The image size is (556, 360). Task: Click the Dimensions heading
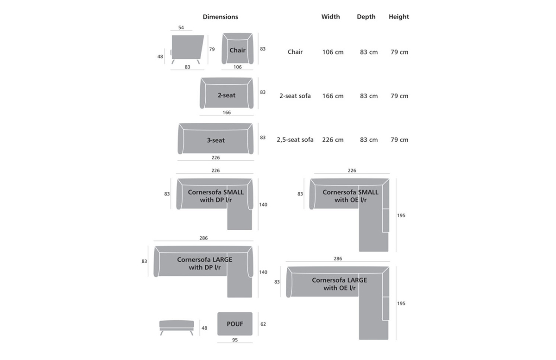point(221,17)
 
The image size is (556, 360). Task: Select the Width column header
point(331,17)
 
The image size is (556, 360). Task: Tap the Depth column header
point(366,17)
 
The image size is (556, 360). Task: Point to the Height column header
point(399,17)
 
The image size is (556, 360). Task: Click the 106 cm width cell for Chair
point(333,52)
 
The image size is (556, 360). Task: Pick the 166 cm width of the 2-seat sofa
point(333,96)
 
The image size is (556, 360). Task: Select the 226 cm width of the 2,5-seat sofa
point(333,140)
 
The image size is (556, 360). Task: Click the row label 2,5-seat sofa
point(295,140)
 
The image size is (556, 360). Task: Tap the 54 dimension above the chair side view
point(181,27)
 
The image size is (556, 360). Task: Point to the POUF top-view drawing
point(235,324)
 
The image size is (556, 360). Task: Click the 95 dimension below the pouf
point(235,340)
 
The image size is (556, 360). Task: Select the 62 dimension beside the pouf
point(263,324)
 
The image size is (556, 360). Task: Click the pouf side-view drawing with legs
point(177,328)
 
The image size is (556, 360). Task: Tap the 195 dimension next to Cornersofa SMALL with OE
point(401,215)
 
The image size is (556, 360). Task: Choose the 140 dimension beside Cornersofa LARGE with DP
point(263,272)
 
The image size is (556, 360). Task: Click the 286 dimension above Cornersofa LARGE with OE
point(338,259)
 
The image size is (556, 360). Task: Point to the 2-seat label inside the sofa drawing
point(227,95)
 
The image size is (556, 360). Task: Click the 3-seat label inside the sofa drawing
point(216,140)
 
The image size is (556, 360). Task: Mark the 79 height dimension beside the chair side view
point(212,49)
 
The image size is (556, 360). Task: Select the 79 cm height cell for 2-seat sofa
point(399,96)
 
